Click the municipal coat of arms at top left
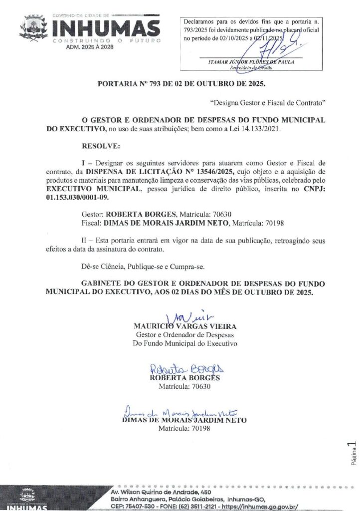pos(33,27)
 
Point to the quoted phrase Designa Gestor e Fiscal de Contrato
pos(268,103)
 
